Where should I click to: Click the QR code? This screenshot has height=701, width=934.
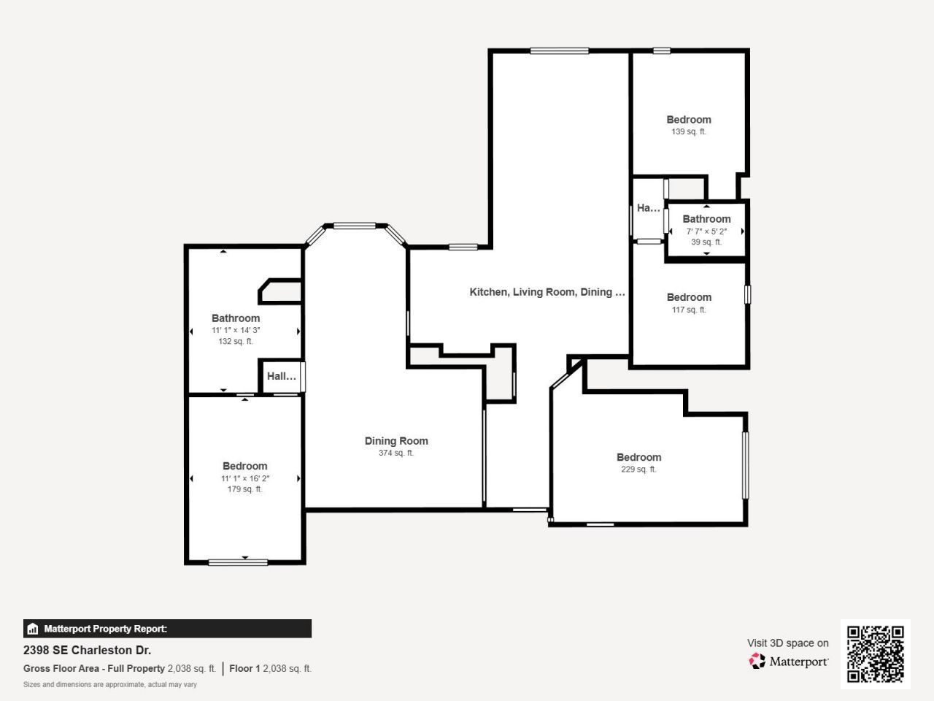875,654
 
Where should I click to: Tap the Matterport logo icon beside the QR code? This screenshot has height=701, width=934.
757,662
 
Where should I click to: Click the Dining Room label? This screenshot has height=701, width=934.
396,441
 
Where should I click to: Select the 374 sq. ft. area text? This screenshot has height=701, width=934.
396,453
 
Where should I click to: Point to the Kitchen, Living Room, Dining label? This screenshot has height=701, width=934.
547,292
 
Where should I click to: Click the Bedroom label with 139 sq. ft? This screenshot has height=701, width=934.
688,120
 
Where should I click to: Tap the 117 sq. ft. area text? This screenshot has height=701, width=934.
688,310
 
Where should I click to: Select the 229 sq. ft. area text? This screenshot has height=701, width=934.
638,470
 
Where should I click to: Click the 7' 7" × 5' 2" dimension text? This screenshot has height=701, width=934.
706,231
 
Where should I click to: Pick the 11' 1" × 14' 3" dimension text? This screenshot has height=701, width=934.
236,330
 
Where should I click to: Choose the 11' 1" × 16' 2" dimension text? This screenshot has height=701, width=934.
245,478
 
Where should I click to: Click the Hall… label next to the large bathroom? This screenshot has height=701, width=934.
281,377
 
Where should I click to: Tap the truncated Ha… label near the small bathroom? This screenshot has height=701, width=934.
648,208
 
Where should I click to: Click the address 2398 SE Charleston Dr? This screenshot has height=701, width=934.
88,650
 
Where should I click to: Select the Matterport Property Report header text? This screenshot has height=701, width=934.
105,629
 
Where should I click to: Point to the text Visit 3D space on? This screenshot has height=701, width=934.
787,643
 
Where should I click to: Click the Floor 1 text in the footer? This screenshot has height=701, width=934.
244,668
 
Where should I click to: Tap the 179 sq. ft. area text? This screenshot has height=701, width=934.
244,489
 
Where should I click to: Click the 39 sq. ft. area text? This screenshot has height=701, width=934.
706,242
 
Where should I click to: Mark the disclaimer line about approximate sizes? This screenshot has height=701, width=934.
110,685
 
